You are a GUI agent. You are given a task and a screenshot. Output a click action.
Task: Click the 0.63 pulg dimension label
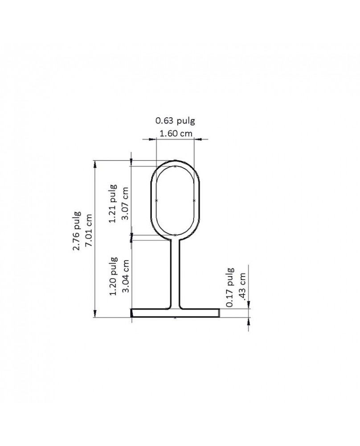pos(175,120)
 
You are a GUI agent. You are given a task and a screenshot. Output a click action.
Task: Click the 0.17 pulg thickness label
pos(230,287)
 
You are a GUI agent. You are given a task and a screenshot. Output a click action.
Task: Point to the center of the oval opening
pos(175,200)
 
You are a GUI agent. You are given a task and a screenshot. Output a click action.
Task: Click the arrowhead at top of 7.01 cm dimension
pos(94,163)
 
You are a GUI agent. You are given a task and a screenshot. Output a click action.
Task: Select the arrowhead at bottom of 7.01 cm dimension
pos(94,313)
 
